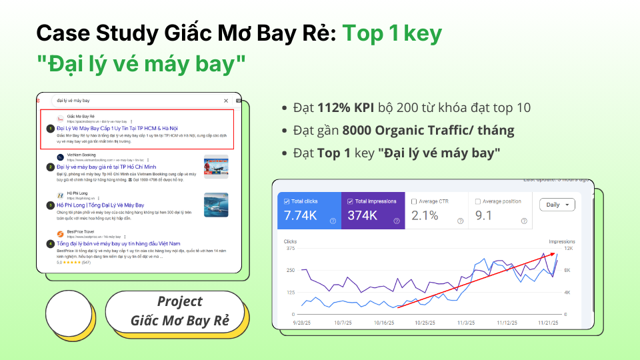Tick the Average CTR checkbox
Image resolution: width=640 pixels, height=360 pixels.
415,201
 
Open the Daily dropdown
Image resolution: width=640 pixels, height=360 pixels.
557,205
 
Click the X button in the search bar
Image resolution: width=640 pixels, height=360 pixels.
226,101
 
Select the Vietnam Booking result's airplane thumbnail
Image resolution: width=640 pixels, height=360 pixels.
216,167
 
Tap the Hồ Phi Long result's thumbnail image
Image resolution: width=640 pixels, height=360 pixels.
216,205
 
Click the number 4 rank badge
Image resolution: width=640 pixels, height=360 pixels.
50,244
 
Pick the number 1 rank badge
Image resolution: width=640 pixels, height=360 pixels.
50,127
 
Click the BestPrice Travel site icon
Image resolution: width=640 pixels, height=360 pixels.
61,234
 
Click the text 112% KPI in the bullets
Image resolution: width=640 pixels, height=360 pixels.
342,108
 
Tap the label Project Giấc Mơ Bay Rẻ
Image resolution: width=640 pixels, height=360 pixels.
179,311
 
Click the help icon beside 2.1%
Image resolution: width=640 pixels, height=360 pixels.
459,221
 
